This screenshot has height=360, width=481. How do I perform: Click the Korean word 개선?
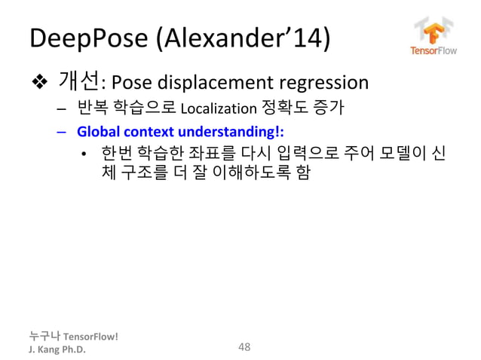[x=78, y=81]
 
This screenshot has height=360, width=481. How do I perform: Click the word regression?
[x=326, y=82]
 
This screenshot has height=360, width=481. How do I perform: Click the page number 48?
[x=244, y=346]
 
